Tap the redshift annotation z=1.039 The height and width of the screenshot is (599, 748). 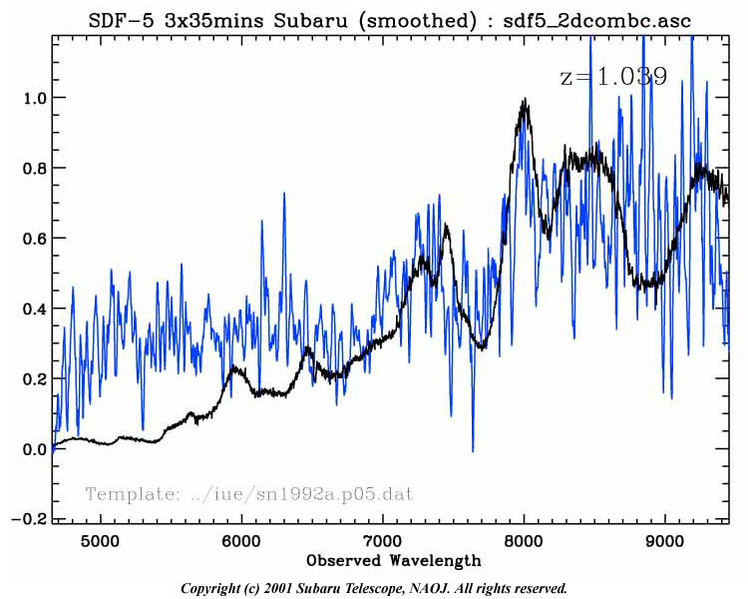(613, 77)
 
